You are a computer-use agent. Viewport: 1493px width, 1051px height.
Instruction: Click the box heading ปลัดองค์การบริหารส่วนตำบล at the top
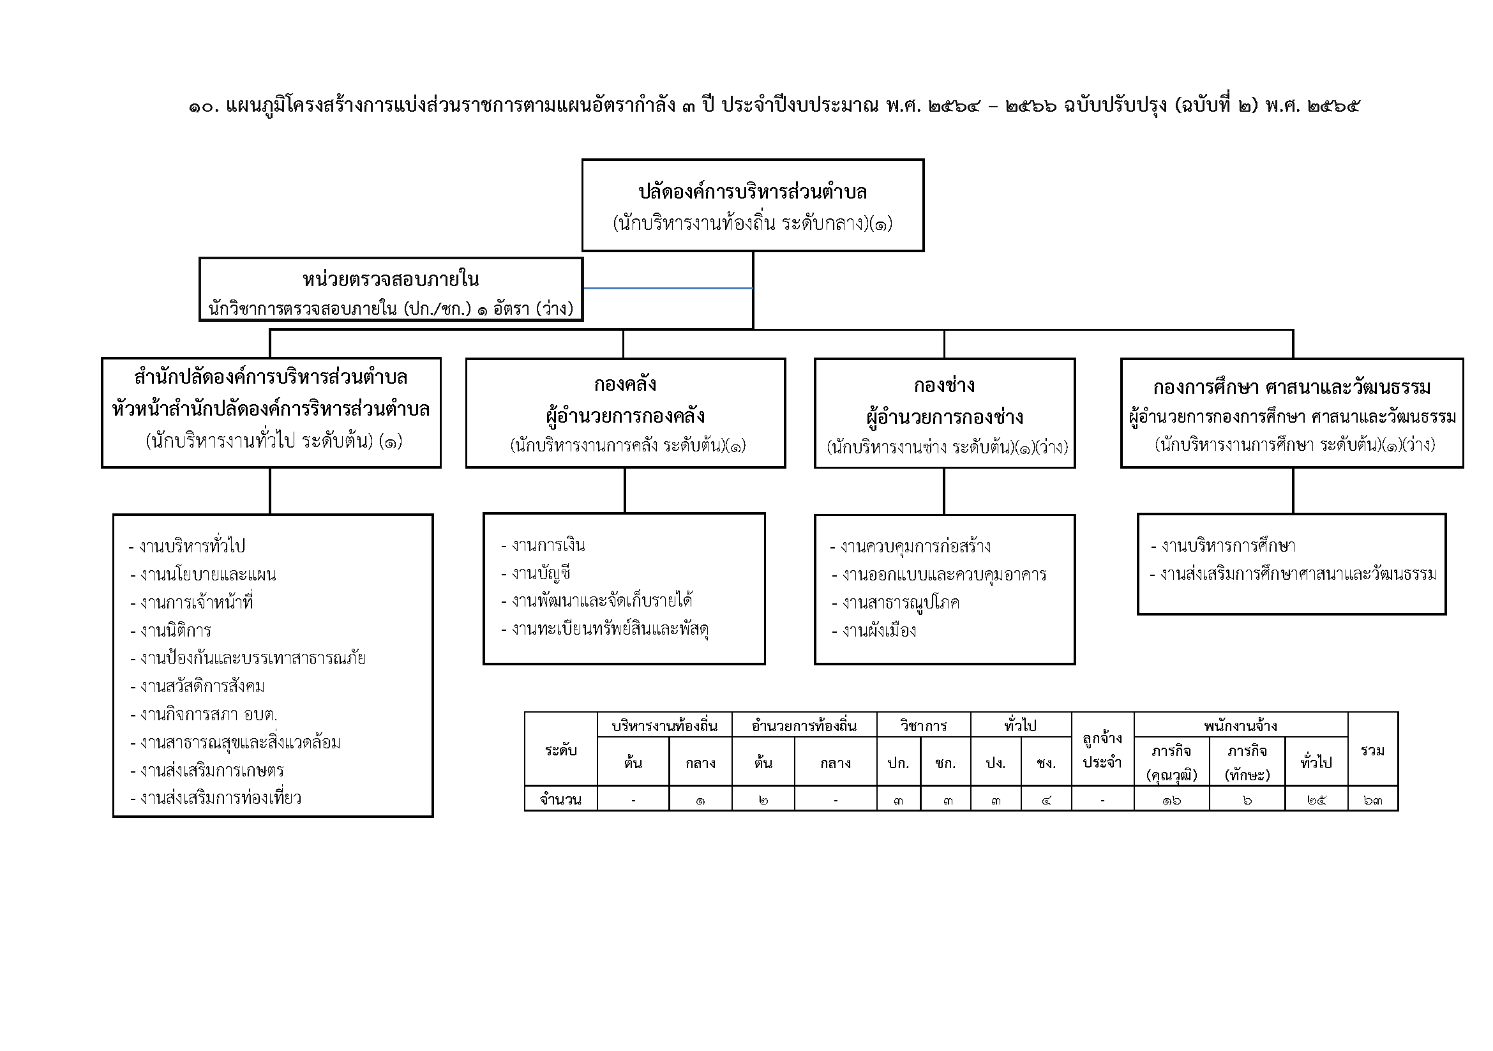tap(753, 192)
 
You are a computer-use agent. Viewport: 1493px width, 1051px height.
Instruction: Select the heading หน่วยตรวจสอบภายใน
tap(390, 280)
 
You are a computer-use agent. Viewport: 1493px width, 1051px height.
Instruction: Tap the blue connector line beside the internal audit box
tap(668, 287)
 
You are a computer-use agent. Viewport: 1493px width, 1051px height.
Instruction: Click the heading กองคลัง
tap(625, 384)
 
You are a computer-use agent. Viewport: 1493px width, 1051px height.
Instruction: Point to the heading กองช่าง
tap(944, 386)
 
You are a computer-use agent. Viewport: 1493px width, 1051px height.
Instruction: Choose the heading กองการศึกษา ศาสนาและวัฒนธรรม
tap(1291, 388)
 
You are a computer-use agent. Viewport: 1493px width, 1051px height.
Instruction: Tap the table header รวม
tap(1372, 750)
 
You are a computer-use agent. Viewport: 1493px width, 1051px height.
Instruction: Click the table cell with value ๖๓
tap(1372, 800)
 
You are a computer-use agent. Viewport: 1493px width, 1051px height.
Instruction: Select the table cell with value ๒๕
tap(1316, 800)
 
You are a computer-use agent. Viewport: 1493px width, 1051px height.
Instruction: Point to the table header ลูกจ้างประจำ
tap(1102, 750)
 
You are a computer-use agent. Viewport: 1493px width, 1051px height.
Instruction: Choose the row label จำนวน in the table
tap(560, 800)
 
